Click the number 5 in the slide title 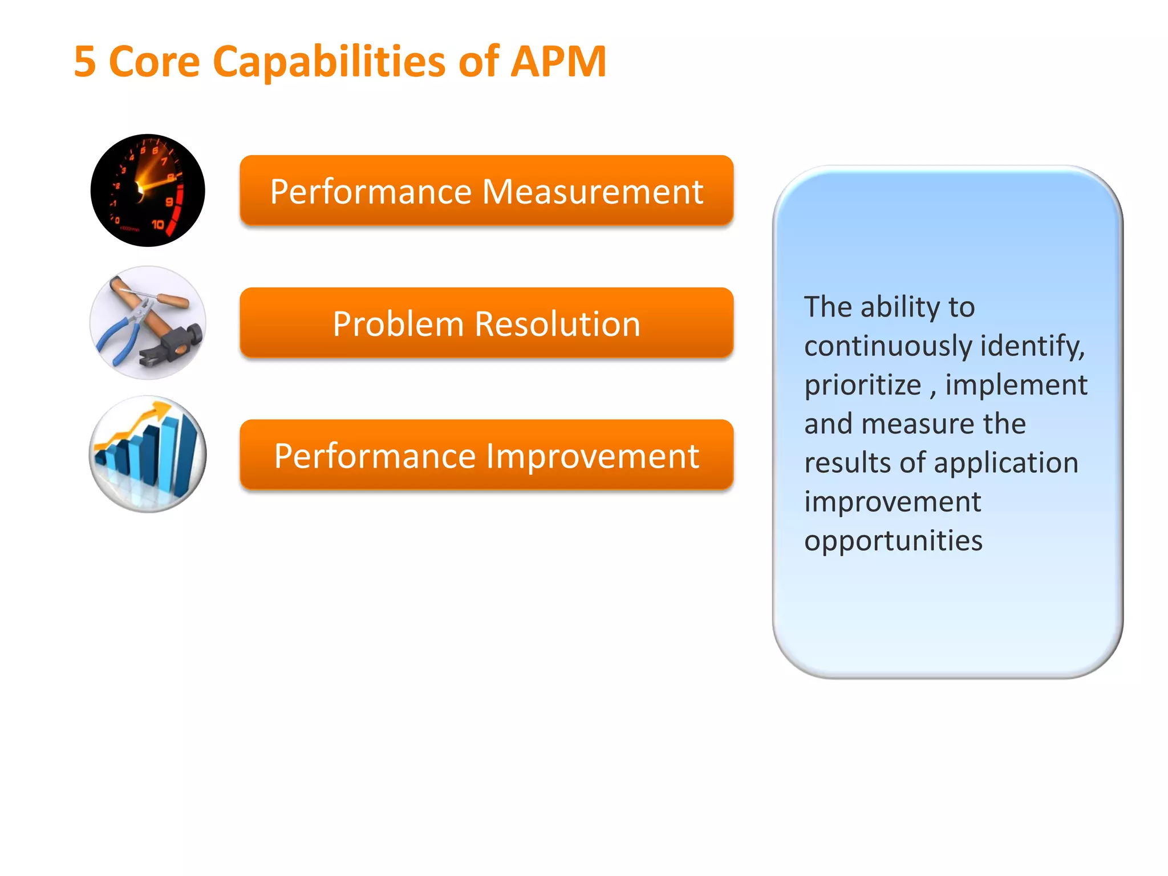(x=85, y=62)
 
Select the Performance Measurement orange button (x=486, y=190)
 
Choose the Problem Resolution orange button (x=486, y=323)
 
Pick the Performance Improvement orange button (x=486, y=455)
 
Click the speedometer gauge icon (x=148, y=190)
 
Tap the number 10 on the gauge (x=158, y=225)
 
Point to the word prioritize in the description (x=862, y=385)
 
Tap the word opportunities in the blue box (x=893, y=541)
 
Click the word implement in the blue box (x=1016, y=385)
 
